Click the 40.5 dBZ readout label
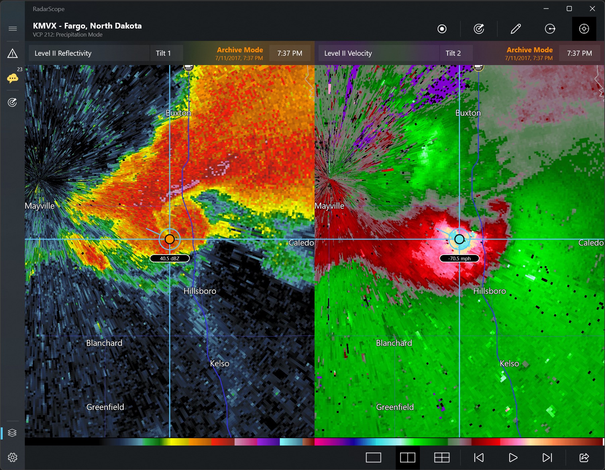pos(170,258)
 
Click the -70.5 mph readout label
pos(459,258)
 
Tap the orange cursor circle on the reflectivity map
pos(170,239)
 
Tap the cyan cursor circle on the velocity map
pos(459,239)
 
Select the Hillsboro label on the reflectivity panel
pos(200,291)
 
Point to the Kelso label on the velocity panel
pos(509,363)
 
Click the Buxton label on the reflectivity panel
pos(178,113)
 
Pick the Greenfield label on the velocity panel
pos(395,407)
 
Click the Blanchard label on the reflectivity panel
pos(104,343)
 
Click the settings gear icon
pos(12,457)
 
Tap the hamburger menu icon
pos(12,29)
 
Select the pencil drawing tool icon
pos(515,29)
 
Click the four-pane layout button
pos(442,458)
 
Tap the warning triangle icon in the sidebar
pos(12,53)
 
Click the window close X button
pos(592,9)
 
